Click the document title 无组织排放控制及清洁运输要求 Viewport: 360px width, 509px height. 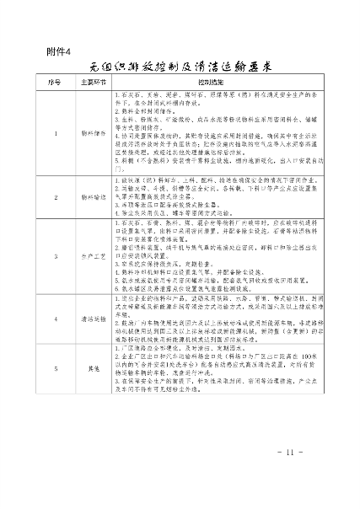[x=183, y=67]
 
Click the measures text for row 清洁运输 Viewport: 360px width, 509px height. [x=218, y=319]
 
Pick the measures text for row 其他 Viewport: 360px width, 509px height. [x=218, y=367]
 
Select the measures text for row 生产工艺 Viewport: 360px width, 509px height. [x=218, y=253]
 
